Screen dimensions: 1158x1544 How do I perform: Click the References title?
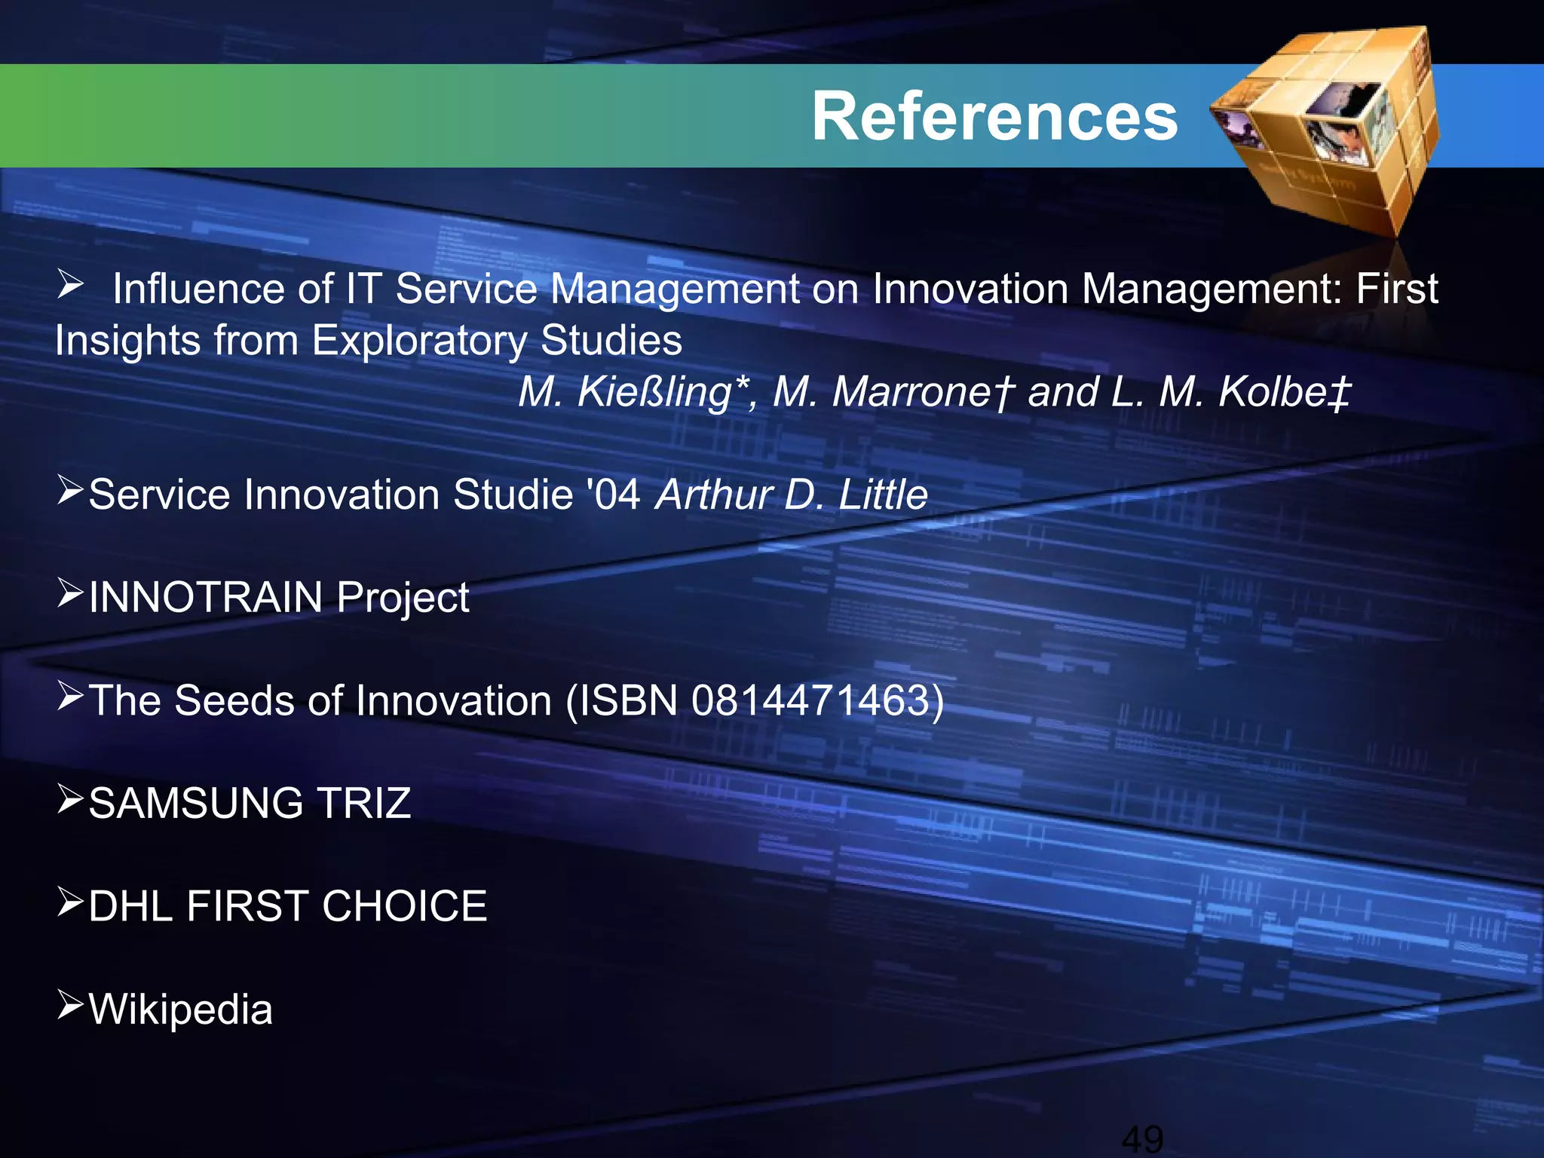pyautogui.click(x=994, y=116)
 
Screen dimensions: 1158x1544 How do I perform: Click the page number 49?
pyautogui.click(x=1142, y=1138)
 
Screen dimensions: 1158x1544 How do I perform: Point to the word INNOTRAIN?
pyautogui.click(x=205, y=597)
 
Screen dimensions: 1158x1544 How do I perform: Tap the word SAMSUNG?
pyautogui.click(x=195, y=803)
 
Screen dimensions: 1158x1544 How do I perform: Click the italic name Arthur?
pyautogui.click(x=712, y=495)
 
